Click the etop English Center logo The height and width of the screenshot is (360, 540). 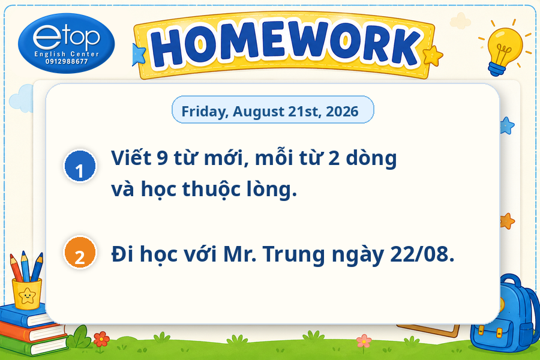click(x=66, y=43)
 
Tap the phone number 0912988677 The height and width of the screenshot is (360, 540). click(x=67, y=62)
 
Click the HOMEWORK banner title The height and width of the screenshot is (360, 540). click(x=285, y=45)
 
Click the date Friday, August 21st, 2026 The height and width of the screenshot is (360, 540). click(x=270, y=111)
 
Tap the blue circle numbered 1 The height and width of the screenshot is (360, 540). click(x=80, y=166)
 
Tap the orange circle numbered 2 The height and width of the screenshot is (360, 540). click(x=80, y=253)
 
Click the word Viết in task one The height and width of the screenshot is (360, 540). click(x=131, y=158)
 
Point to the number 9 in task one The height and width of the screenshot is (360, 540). click(x=162, y=158)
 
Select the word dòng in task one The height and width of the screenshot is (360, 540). click(x=371, y=158)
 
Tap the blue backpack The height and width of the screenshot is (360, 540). click(x=505, y=313)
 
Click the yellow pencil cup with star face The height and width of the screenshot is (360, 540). click(x=27, y=293)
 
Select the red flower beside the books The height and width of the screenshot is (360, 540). click(x=101, y=339)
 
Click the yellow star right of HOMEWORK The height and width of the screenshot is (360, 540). click(x=433, y=56)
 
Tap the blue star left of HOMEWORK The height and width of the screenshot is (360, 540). click(x=139, y=55)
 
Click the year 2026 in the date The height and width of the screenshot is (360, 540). click(x=342, y=111)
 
